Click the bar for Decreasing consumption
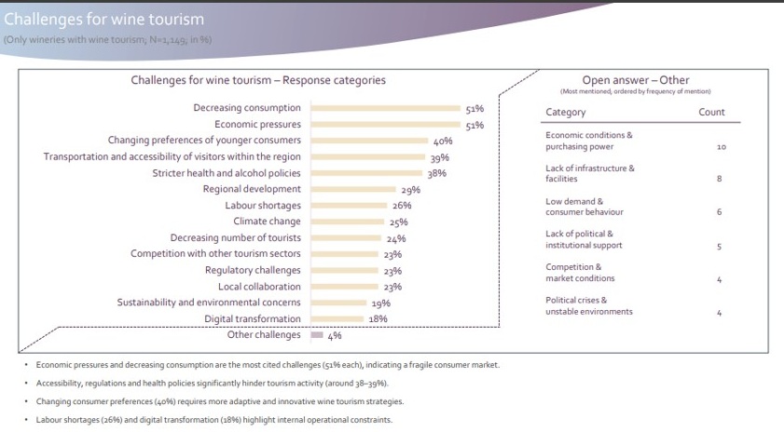386,108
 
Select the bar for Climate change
348,222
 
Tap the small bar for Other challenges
317,335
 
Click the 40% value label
443,142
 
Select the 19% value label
380,304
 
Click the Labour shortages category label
263,206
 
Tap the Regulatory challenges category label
253,270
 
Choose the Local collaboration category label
259,287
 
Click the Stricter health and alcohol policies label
227,173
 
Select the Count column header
711,113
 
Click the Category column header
566,113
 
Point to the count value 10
721,147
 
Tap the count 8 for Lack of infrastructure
720,179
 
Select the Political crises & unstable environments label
589,306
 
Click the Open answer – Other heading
635,80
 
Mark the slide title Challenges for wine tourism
103,19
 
